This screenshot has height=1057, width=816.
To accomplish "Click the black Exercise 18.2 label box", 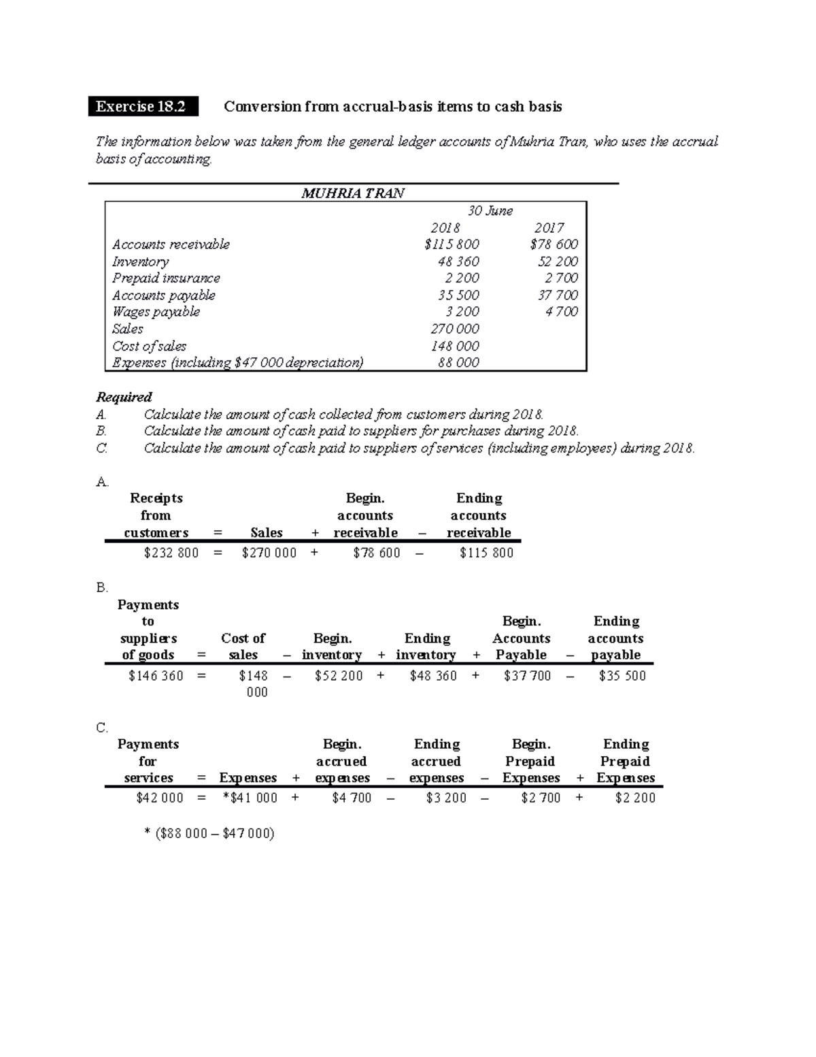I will tap(143, 107).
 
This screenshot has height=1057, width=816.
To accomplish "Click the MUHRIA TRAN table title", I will tap(353, 193).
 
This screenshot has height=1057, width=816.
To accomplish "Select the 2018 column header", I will tap(445, 228).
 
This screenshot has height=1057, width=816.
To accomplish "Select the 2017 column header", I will tap(549, 228).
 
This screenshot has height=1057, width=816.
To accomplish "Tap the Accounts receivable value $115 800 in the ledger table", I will tap(452, 244).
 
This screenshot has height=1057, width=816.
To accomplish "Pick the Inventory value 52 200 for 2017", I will tap(558, 261).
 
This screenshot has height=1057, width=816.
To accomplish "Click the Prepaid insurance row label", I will tap(166, 278).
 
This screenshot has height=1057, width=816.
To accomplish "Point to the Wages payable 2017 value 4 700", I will tap(561, 312).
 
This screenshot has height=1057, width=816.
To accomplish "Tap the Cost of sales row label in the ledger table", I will tap(149, 346).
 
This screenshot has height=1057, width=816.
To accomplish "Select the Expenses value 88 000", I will tap(458, 363).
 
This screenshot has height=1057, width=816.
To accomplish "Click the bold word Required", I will tap(124, 397).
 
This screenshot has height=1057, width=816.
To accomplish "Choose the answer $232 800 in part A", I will tap(171, 553).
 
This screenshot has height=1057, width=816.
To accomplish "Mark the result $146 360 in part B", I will tap(156, 676).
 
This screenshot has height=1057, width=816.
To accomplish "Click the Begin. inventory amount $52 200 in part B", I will tap(339, 676).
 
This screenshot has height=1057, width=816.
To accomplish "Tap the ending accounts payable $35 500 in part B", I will tap(622, 676).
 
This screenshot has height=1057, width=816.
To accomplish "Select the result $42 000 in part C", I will tap(160, 798).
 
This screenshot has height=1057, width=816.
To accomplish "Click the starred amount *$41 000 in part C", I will tap(250, 798).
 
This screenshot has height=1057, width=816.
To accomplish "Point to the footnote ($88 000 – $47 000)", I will tap(209, 833).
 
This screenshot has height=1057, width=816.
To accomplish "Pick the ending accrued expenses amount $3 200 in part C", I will tap(446, 798).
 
